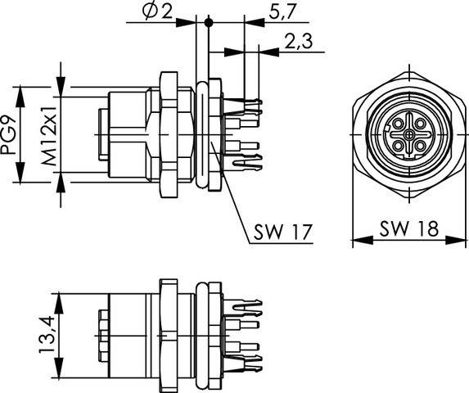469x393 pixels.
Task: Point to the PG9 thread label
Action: coord(15,134)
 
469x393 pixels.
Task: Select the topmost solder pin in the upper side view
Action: coord(250,105)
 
